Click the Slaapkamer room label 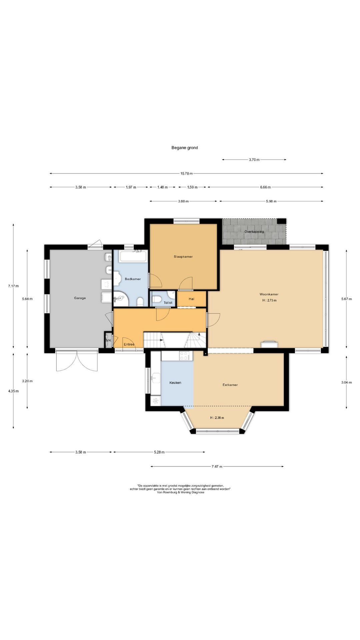coord(183,257)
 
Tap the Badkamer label coord(133,279)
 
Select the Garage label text coord(80,298)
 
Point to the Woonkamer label coord(269,294)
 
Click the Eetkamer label coord(230,385)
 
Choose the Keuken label coord(175,383)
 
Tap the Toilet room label coord(168,303)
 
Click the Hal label coord(191,299)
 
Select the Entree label coord(129,344)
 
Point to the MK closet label coord(108,340)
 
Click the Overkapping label coord(254,232)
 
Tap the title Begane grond coord(185,148)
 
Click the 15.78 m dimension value coord(186,173)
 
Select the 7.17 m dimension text coord(13,286)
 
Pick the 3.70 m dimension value coord(254,160)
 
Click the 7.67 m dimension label coord(217,467)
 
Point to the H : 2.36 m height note coord(217,418)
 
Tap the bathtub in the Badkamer coord(133,256)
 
